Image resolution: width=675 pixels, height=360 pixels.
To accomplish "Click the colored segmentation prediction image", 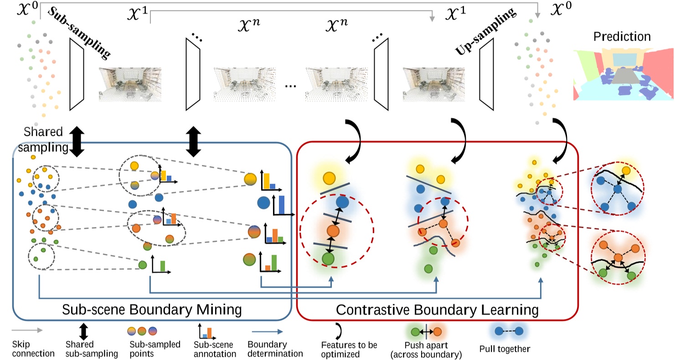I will (623, 75).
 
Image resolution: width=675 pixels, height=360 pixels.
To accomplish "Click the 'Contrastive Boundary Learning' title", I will (437, 310).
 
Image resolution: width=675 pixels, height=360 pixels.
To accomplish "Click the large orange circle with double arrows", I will (332, 231).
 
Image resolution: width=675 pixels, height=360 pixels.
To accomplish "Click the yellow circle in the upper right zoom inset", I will (627, 170).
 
